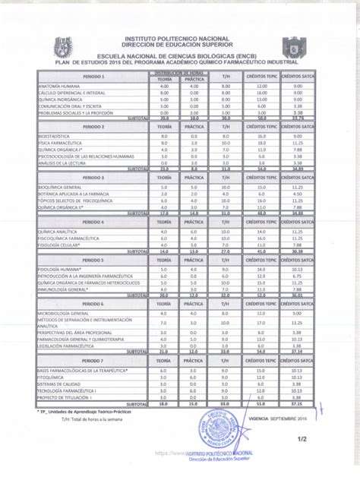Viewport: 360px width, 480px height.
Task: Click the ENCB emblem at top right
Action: (x=295, y=48)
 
